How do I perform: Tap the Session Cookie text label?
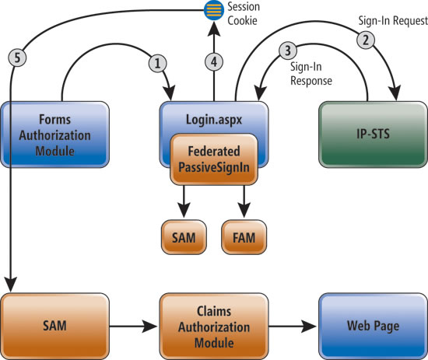(244, 12)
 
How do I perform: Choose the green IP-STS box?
(367, 133)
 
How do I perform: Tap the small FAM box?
(244, 236)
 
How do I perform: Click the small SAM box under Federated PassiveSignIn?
(184, 236)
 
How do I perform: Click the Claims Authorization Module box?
(212, 320)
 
